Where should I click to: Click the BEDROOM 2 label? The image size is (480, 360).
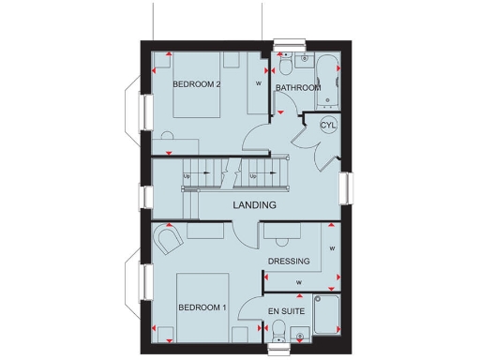[x=197, y=84]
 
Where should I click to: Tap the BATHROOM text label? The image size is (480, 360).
[x=297, y=88]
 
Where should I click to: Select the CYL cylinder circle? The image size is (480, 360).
[x=328, y=125]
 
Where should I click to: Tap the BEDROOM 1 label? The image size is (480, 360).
[x=202, y=307]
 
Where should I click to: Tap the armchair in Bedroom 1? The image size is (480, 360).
[x=169, y=243]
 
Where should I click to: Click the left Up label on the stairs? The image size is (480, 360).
[x=187, y=176]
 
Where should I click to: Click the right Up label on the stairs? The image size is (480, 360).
[x=253, y=176]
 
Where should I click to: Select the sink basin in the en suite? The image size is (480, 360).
[x=297, y=334]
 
